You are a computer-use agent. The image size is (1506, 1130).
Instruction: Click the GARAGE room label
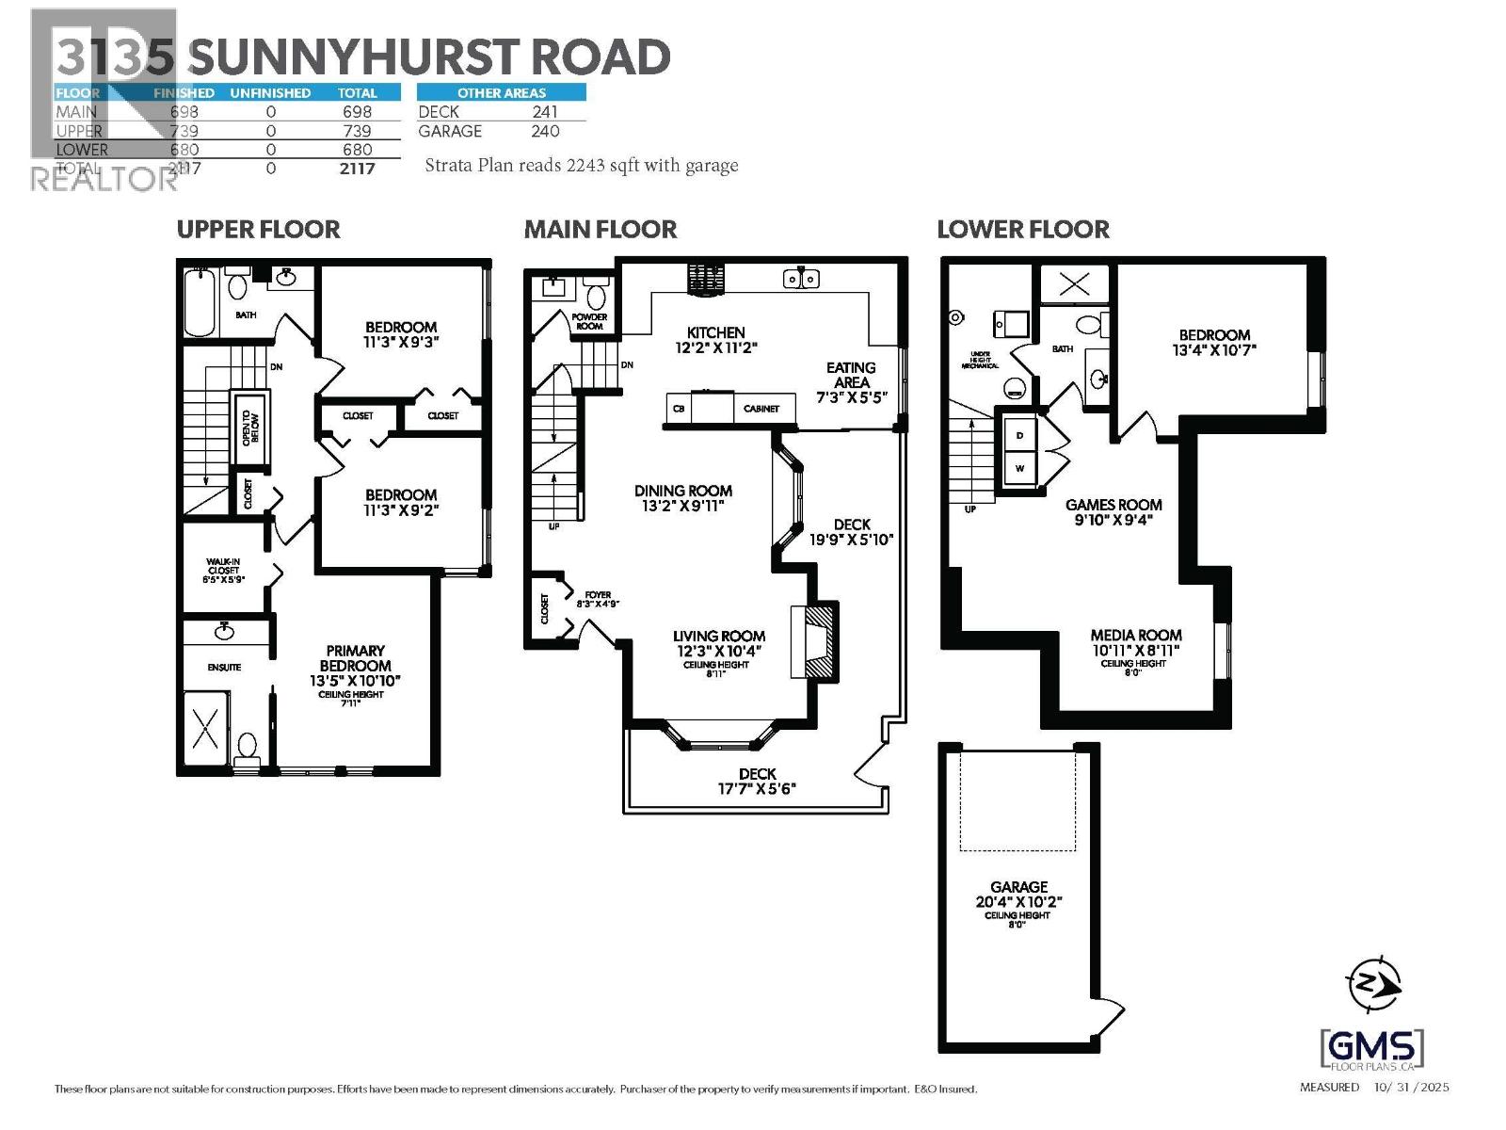pos(1018,887)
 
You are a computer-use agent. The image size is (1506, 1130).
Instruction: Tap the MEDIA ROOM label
pos(1135,636)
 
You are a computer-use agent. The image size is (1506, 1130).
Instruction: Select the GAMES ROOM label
pos(1113,505)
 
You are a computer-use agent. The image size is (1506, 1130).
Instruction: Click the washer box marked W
pos(1019,468)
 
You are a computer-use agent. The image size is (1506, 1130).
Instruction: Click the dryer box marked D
pos(1019,435)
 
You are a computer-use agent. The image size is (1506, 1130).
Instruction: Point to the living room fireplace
pos(816,639)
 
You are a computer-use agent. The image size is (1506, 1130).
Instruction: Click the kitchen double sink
pos(801,279)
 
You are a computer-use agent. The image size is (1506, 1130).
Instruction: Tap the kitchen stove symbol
pos(706,280)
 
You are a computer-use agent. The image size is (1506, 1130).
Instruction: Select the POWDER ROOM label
pos(589,321)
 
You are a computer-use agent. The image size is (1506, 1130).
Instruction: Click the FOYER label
pos(598,595)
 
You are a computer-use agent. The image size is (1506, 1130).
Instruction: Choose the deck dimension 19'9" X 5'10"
pos(851,540)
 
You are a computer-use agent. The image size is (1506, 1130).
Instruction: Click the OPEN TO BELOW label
pos(250,428)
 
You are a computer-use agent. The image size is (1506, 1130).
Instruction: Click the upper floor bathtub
pos(200,303)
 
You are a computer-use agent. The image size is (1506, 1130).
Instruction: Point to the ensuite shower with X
pos(205,729)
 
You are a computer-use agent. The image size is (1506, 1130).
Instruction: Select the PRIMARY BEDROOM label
pos(355,658)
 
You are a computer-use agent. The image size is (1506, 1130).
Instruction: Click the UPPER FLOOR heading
pos(258,230)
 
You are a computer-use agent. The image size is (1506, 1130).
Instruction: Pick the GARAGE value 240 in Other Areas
pos(544,131)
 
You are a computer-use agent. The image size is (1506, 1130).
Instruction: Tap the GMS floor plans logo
pos(1372,1049)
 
